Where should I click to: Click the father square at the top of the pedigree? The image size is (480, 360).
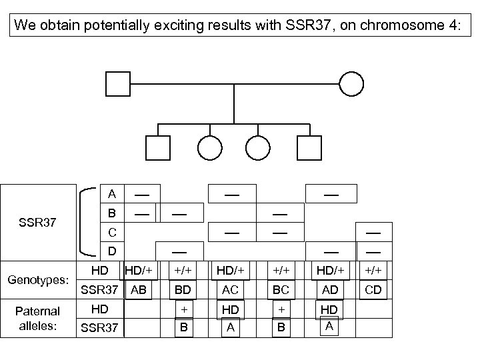point(117,83)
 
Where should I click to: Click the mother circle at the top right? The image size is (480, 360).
point(351,83)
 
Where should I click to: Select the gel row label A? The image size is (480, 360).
point(112,194)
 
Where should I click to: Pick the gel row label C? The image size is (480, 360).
point(112,233)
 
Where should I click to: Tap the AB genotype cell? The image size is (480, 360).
point(139,290)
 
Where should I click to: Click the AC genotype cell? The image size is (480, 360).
point(230,290)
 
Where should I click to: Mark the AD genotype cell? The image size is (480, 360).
point(329,290)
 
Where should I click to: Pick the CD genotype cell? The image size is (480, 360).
point(373,290)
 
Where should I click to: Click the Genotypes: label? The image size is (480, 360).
point(39,280)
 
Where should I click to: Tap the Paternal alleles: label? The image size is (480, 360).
point(39,317)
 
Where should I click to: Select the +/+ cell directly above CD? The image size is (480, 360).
point(373,270)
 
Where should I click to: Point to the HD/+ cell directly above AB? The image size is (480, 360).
point(140,270)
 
